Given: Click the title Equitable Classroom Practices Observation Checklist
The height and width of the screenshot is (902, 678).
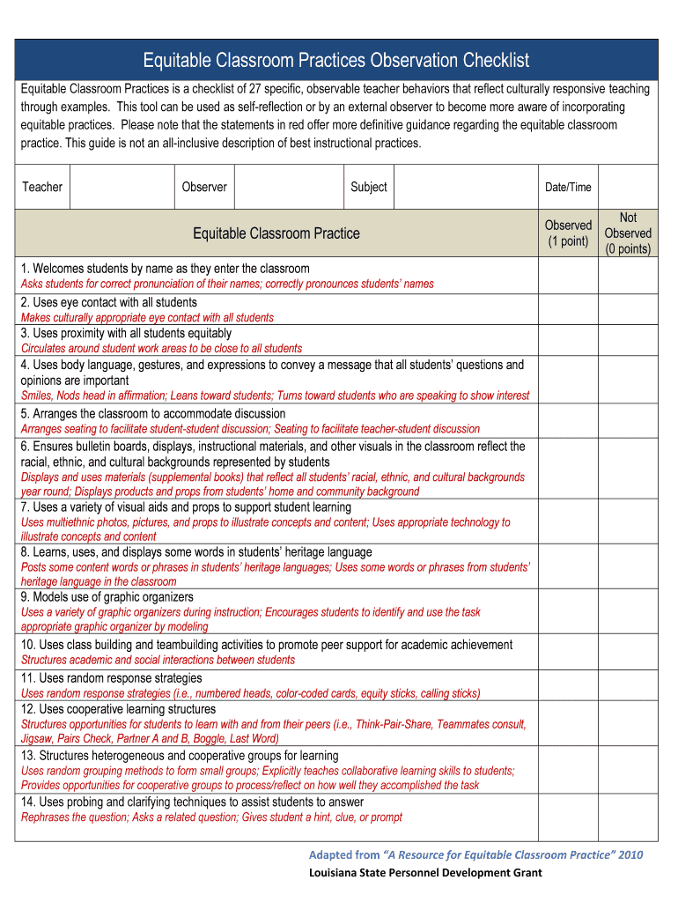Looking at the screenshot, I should pos(336,60).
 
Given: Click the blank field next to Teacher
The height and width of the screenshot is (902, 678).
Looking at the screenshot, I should pos(121,187).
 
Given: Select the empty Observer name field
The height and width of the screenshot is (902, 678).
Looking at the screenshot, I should pos(288,187).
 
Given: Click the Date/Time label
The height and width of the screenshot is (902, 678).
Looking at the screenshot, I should pos(568,187).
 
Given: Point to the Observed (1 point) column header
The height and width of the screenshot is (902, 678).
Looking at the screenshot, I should pos(568,233).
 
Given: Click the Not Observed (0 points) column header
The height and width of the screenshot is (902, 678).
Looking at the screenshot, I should pos(628,233).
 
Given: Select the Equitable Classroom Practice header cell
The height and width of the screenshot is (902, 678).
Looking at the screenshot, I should pos(276,233).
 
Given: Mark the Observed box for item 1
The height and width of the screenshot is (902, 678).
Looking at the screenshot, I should pos(568,276).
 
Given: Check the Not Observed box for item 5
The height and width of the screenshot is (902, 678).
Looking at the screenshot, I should pos(628,421).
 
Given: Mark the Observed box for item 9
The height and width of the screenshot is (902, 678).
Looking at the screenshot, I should pos(568,611).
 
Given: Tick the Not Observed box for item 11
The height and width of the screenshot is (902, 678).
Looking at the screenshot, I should pos(628,685).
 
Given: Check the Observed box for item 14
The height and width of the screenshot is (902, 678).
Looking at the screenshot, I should pos(568,810).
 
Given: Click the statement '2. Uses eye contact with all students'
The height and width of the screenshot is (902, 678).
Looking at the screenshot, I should pos(109,302).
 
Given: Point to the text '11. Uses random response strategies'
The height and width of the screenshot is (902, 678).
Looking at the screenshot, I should pos(112,678).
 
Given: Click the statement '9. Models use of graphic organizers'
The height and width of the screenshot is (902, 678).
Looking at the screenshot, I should pos(107,597).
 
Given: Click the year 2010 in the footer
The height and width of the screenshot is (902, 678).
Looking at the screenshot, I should pos(630,855).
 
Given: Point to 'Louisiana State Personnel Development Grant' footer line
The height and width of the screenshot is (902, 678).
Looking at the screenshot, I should pos(425,873).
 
